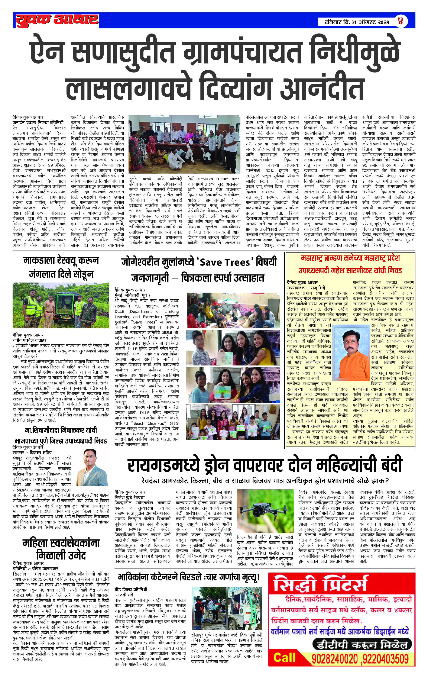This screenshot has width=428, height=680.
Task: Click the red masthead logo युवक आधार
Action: (x=57, y=20)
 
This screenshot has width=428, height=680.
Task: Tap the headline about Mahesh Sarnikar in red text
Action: (x=350, y=264)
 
